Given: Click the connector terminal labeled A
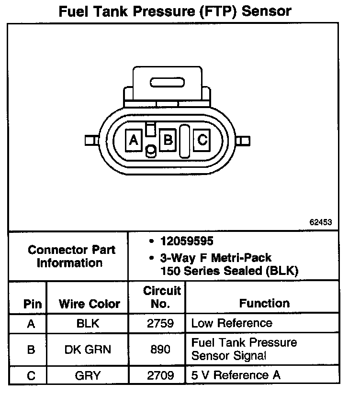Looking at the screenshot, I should coord(134,140).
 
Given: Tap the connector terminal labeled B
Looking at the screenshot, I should coord(168,140).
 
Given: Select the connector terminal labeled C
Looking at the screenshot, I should coord(202,140).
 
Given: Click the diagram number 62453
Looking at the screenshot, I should coord(321,222).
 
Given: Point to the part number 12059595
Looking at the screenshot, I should coord(187,242).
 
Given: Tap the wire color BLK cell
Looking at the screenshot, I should coord(88,323).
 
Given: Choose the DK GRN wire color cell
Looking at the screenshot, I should coord(88,350).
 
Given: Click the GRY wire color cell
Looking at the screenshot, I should coord(88,375).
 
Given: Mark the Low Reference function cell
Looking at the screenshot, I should coord(232,323).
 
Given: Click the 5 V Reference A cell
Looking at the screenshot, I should coord(236,375).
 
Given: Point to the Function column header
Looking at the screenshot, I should coord(264,303).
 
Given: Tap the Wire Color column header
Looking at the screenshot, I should coord(90,304).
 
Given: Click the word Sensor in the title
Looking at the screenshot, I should coord(266,11).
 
